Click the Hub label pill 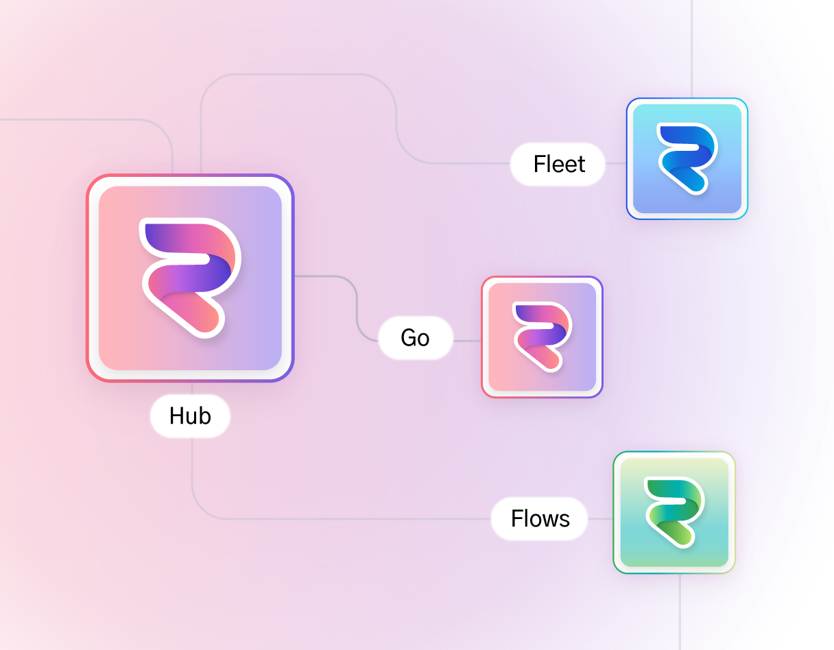coord(190,416)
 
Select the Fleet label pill coord(558,165)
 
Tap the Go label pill coord(415,337)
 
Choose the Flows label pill coord(540,519)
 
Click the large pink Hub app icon coord(190,278)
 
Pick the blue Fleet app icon coord(687,159)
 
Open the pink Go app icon coord(542,337)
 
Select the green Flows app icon coord(674,512)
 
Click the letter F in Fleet coord(539,165)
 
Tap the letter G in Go coord(408,337)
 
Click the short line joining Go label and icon coord(467,340)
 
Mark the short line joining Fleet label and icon coord(616,164)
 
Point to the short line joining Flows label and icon coord(600,519)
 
